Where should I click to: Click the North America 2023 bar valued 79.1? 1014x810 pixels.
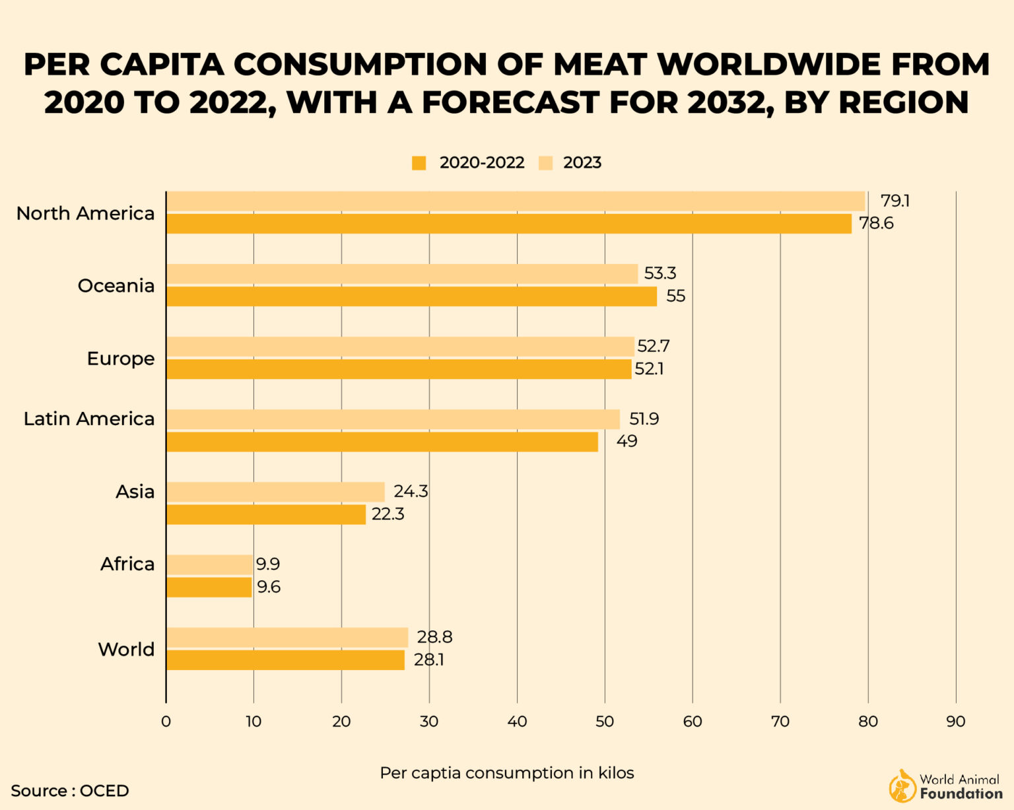515,201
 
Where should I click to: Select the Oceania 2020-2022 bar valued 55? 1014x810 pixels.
411,296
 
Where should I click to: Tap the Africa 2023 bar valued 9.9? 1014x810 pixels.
209,564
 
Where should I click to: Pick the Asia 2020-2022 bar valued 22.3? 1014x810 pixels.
266,514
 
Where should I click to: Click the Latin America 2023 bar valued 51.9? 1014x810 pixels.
393,419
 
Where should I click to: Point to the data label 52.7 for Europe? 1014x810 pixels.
654,346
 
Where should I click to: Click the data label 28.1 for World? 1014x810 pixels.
428,660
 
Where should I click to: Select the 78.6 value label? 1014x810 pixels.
876,223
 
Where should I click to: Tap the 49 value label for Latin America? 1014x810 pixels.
626,441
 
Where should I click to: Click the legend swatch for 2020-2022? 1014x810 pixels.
419,163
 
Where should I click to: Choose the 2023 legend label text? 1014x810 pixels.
582,163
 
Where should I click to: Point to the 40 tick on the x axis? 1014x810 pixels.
517,722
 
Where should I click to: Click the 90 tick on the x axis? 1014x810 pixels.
955,722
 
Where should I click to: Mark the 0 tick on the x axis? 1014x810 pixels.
166,722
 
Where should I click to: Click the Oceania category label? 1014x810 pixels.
116,286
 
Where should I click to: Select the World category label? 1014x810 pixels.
126,650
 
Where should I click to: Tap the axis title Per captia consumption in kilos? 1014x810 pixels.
506,773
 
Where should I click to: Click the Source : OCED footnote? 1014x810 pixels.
70,791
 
